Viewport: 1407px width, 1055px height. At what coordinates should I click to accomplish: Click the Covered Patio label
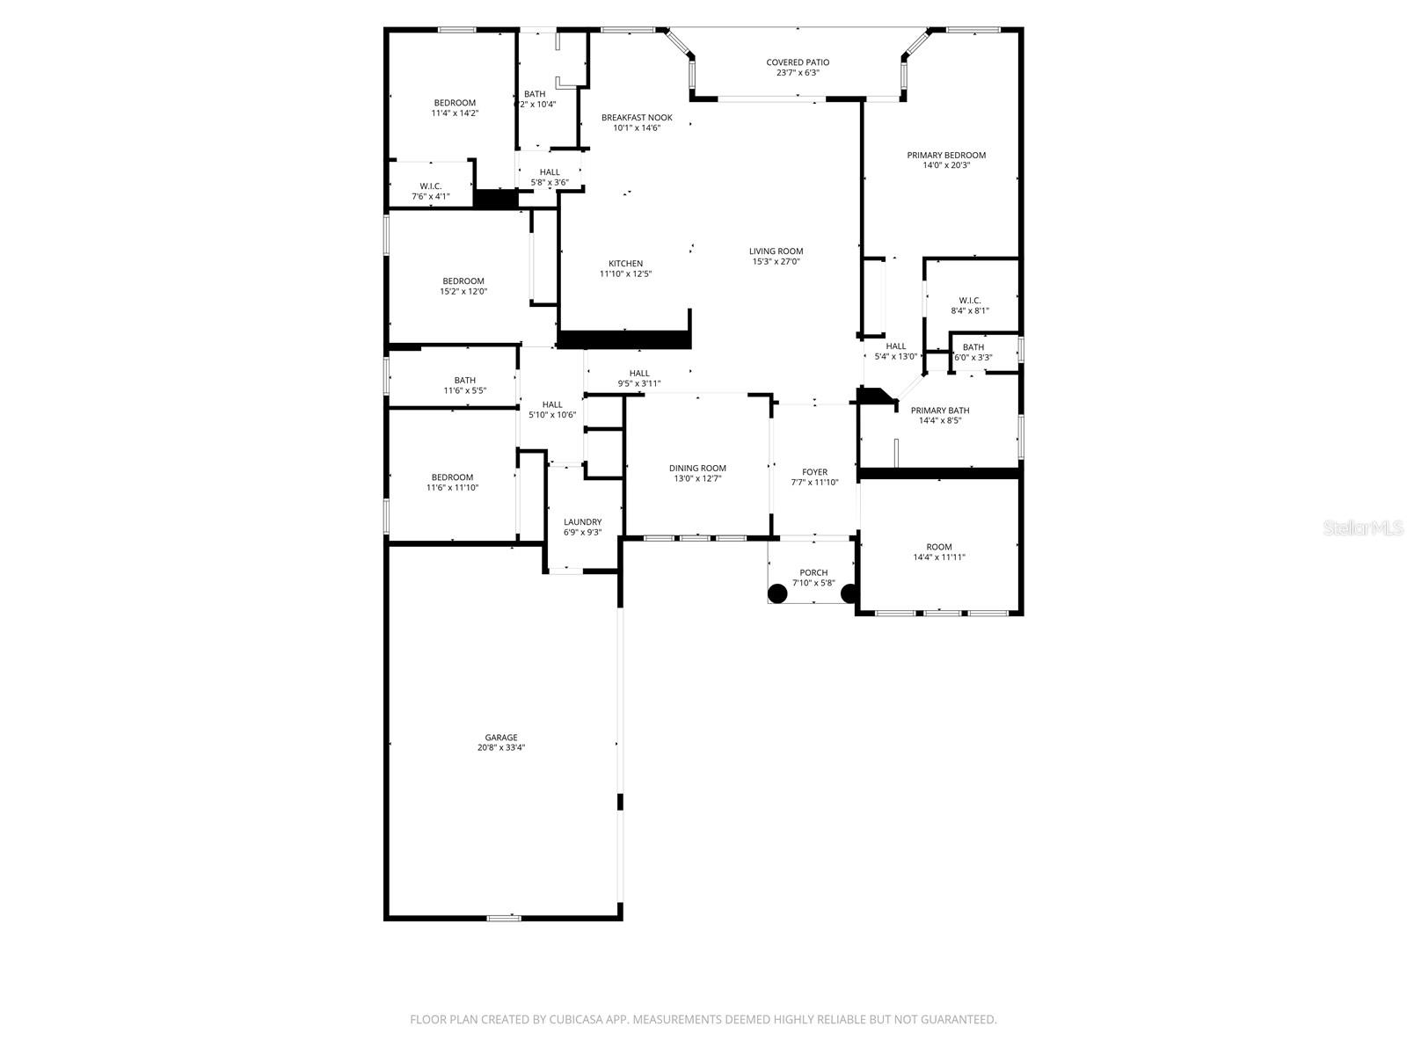pos(797,62)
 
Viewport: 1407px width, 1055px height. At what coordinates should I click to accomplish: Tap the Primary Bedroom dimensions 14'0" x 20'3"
pos(946,165)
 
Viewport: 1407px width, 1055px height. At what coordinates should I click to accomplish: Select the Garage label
pos(501,738)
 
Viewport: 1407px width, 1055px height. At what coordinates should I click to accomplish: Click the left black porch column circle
pos(777,593)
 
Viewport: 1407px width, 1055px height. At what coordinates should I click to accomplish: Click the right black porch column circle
pos(849,593)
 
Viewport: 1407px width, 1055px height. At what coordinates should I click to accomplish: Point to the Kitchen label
pos(625,264)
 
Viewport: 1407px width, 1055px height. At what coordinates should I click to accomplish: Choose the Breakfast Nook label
pos(637,118)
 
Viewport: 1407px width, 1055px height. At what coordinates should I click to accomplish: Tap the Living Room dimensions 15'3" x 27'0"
pos(776,261)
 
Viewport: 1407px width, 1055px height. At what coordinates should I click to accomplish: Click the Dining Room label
pos(697,469)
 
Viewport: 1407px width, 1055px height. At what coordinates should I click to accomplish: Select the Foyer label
pos(814,472)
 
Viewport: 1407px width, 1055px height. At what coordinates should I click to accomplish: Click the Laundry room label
pos(582,522)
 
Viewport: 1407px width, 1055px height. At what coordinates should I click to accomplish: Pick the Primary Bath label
pos(940,411)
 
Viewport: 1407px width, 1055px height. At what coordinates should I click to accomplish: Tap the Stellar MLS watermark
pos(1363,527)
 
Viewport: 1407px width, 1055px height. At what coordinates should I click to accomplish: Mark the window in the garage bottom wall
pos(503,918)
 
